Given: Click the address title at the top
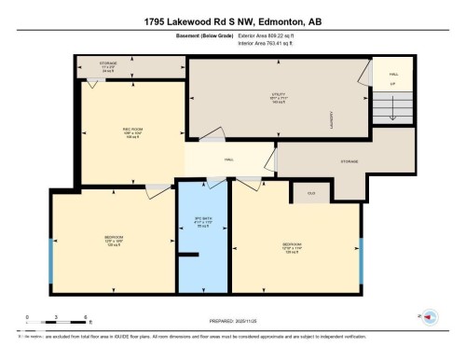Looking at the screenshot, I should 232,20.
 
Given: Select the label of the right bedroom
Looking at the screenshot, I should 292,249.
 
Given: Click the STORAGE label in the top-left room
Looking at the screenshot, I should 109,65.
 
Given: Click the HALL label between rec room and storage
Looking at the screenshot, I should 227,159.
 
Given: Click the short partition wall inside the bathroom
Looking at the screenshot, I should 188,251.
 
